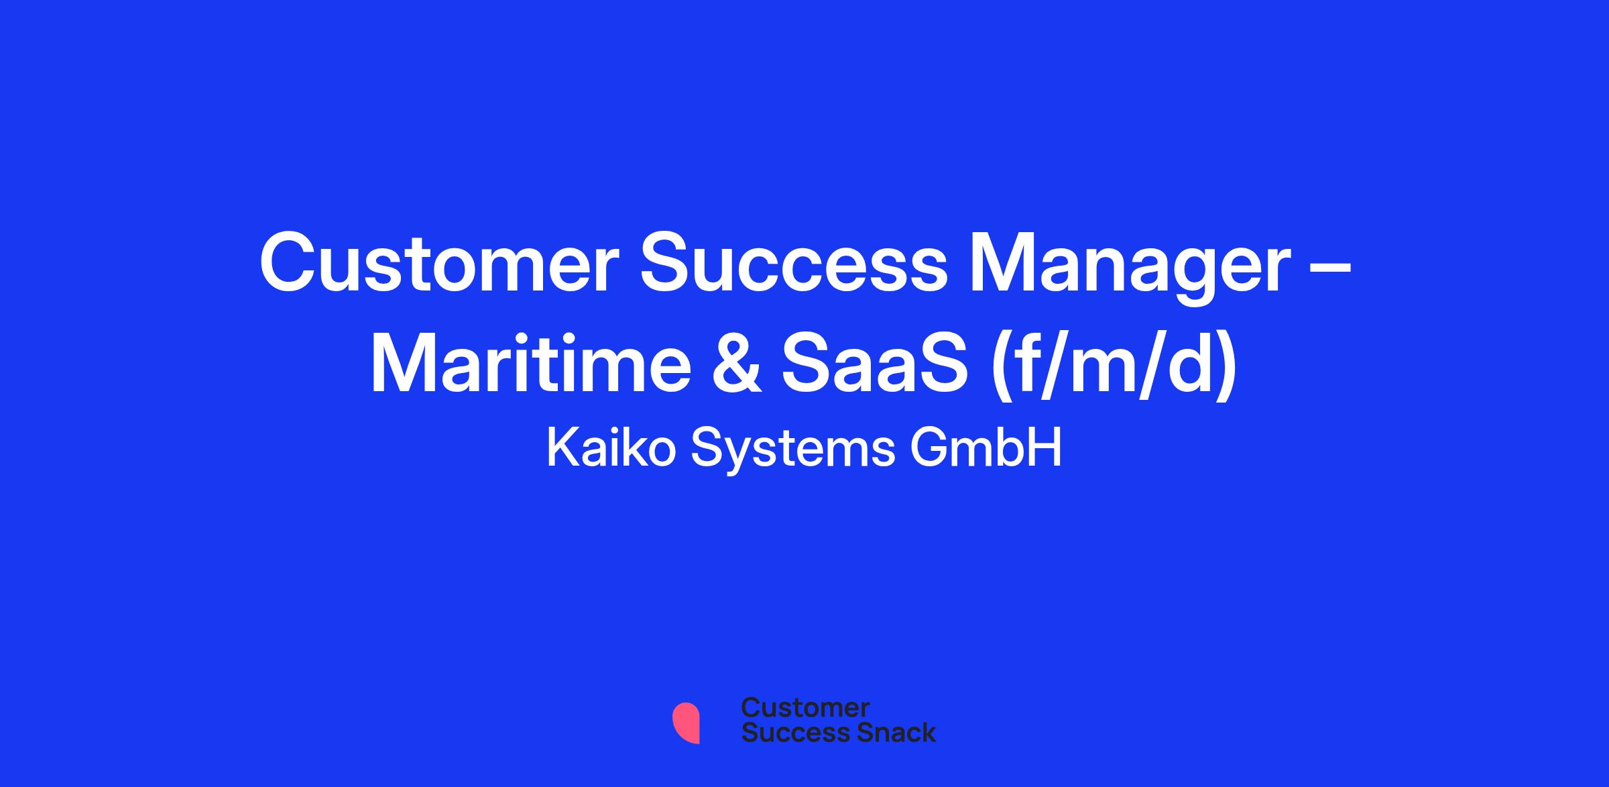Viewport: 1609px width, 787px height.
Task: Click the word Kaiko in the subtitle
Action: pos(611,448)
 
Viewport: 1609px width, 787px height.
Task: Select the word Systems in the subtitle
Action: pos(793,451)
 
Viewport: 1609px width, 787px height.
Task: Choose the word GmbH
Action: pos(986,448)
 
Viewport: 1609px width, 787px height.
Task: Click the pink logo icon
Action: pos(687,723)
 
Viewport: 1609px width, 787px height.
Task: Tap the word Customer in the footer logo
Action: pos(806,709)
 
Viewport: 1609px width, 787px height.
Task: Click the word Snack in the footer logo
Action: pos(887,732)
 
